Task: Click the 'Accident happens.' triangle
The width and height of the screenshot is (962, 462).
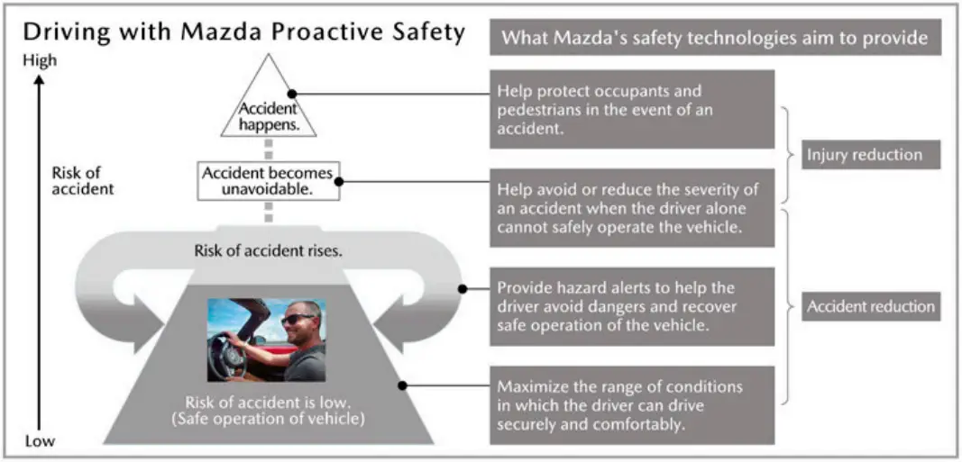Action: pyautogui.click(x=268, y=109)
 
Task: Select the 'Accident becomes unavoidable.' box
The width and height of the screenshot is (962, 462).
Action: pyautogui.click(x=270, y=180)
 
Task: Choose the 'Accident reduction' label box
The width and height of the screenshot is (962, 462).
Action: pyautogui.click(x=871, y=306)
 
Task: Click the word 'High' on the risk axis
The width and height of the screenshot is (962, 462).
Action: pyautogui.click(x=41, y=60)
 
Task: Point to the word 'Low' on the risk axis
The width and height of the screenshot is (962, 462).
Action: pyautogui.click(x=40, y=441)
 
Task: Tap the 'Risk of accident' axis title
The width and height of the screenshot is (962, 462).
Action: pyautogui.click(x=82, y=181)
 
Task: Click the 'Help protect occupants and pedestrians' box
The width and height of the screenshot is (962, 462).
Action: pyautogui.click(x=632, y=109)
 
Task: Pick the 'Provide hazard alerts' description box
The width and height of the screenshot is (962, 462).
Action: pyautogui.click(x=632, y=307)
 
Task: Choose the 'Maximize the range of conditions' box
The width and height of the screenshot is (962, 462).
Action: pyautogui.click(x=632, y=404)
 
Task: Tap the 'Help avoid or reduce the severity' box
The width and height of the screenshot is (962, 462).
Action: pyautogui.click(x=632, y=208)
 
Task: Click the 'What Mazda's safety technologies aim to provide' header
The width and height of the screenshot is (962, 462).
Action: pyautogui.click(x=714, y=38)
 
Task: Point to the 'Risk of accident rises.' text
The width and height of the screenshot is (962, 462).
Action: pyautogui.click(x=269, y=251)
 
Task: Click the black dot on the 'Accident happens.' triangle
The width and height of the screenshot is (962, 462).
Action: pyautogui.click(x=292, y=93)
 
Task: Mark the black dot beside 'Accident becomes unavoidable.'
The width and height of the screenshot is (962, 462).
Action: pyautogui.click(x=349, y=180)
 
